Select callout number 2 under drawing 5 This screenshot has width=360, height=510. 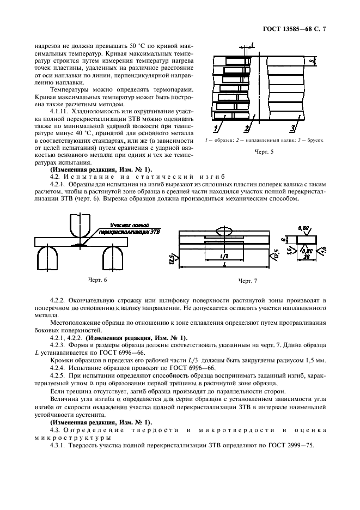tap(247, 129)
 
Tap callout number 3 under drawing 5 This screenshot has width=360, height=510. tap(292, 129)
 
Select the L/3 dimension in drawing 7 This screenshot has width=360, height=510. tap(224, 256)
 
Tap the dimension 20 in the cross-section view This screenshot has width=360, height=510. tap(308, 256)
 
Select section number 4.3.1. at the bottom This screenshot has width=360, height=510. tap(59, 446)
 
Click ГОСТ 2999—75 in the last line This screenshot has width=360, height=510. tap(286, 446)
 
